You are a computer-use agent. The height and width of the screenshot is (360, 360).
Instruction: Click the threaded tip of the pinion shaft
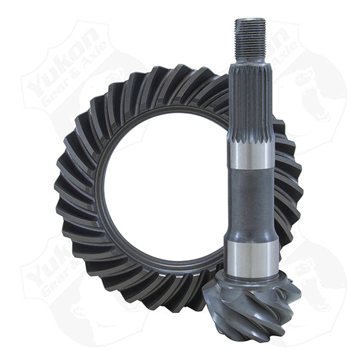click(250, 35)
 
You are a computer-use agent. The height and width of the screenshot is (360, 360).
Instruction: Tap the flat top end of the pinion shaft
click(250, 20)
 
